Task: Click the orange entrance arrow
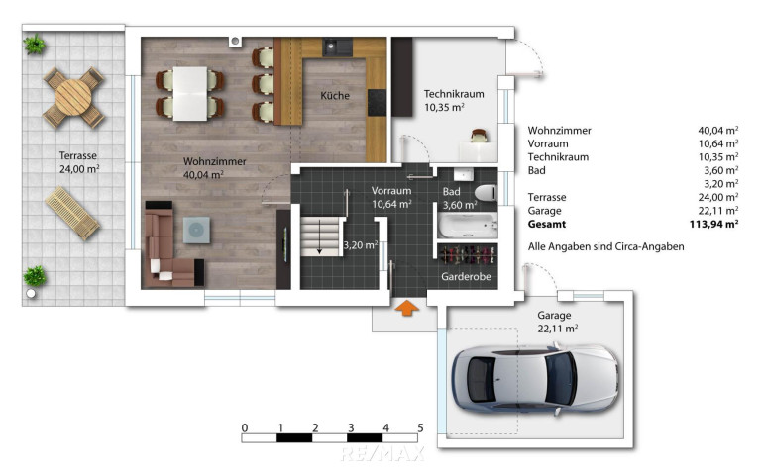click(406, 308)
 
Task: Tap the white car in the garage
click(535, 379)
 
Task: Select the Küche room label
click(335, 95)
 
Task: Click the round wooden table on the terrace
click(73, 97)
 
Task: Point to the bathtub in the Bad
click(467, 225)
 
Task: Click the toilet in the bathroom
click(486, 193)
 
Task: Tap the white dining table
click(190, 93)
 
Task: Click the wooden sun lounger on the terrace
click(72, 213)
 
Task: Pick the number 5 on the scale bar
click(420, 427)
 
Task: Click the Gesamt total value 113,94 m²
click(713, 224)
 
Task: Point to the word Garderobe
click(466, 276)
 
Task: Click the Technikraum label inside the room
click(454, 94)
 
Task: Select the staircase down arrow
click(320, 237)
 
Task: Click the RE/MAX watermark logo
click(382, 454)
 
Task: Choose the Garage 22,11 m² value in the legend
click(718, 211)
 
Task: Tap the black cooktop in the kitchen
click(377, 102)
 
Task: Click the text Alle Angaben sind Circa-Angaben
click(605, 246)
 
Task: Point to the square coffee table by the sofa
click(196, 230)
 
